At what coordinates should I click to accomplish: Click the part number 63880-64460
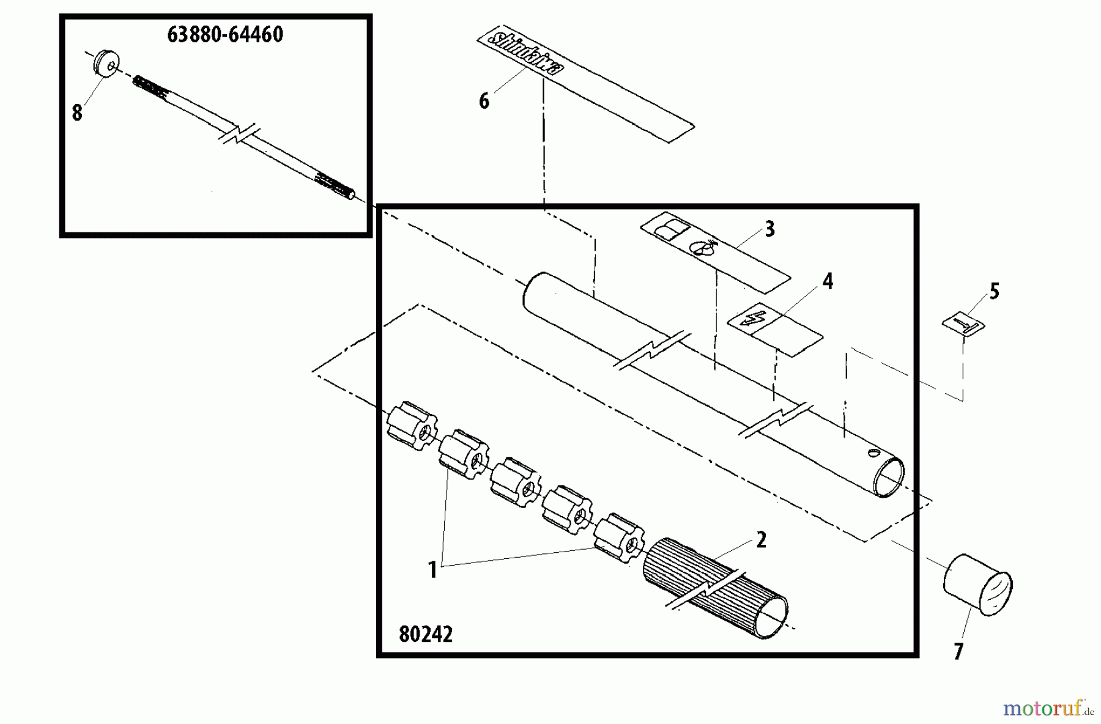tap(225, 35)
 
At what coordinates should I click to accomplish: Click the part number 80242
tap(426, 635)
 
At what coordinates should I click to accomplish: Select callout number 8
tap(77, 113)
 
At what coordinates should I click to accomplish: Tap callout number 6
tap(484, 101)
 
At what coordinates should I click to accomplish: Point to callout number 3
tap(769, 229)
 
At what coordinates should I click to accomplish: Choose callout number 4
tap(827, 282)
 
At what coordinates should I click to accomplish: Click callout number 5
tap(994, 292)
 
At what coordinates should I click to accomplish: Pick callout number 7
tap(958, 652)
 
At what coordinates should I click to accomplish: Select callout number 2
tap(761, 540)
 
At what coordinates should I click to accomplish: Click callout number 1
tap(432, 570)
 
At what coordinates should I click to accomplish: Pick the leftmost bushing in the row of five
tap(412, 427)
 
